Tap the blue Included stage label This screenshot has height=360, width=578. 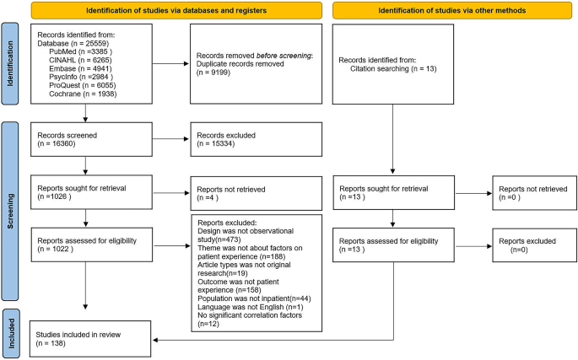11,327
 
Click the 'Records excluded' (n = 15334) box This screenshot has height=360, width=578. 253,137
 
